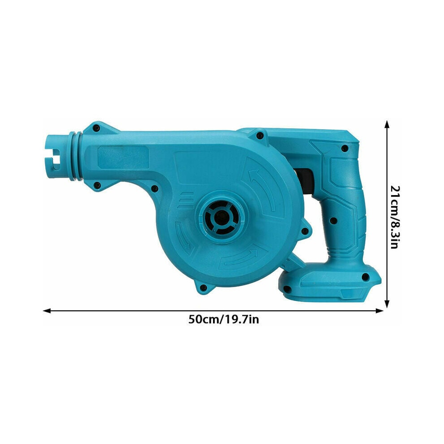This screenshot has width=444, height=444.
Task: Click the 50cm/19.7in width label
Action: click(x=223, y=320)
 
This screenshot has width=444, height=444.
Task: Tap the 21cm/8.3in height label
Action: click(x=395, y=217)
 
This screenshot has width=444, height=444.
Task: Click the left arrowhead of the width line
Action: click(x=47, y=311)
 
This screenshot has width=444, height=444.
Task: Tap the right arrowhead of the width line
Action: click(x=379, y=311)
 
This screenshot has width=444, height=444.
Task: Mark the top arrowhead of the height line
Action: click(x=387, y=124)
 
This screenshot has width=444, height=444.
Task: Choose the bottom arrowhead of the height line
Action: click(x=387, y=304)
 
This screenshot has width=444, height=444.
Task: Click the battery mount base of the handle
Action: click(x=330, y=283)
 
